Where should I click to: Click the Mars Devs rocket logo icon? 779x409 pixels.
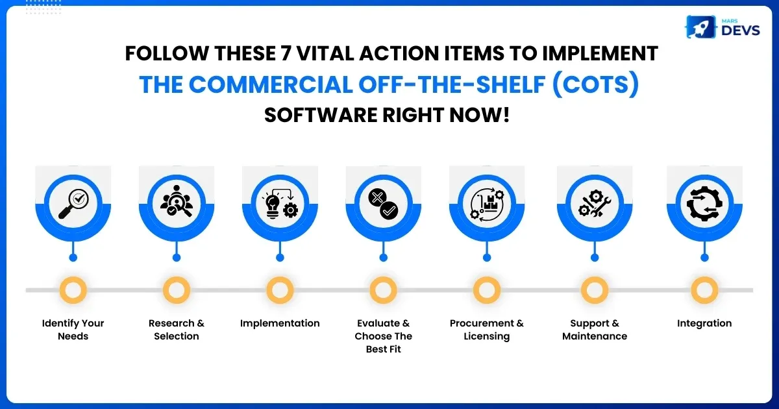tap(700, 27)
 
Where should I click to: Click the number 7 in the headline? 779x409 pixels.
tap(285, 53)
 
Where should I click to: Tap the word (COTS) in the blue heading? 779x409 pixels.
tap(595, 84)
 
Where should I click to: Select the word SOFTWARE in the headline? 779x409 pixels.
tap(321, 115)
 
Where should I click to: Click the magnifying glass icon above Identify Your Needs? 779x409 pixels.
tap(73, 204)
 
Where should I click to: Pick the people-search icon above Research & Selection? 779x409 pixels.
tap(177, 201)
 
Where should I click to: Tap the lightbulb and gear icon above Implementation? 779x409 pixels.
tap(280, 203)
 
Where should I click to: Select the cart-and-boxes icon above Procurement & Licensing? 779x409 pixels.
tap(487, 204)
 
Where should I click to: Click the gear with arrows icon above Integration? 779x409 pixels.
tap(704, 203)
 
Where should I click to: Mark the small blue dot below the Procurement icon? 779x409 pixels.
tap(487, 258)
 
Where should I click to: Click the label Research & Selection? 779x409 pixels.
tap(177, 330)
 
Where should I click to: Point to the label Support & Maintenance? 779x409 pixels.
tap(595, 330)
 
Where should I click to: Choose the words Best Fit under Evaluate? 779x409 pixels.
tap(383, 349)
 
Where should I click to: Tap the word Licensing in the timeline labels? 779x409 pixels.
tap(487, 337)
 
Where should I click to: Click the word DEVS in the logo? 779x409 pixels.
tap(741, 31)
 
